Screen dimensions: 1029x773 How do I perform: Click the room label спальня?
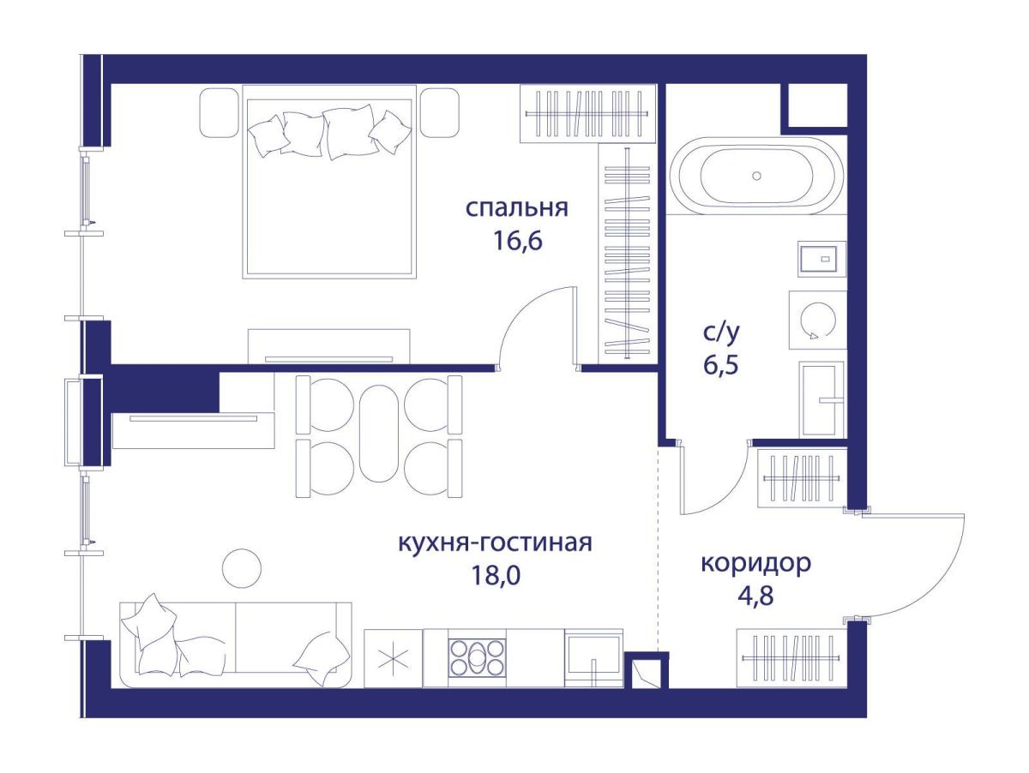(x=516, y=208)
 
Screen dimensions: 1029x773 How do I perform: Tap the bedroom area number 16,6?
(x=517, y=242)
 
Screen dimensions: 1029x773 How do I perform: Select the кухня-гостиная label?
(x=495, y=542)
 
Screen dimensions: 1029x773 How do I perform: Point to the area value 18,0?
(x=496, y=576)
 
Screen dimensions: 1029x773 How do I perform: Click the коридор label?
(x=755, y=563)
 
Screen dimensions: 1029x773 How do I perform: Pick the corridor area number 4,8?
(x=756, y=596)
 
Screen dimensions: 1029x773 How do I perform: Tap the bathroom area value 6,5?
(x=720, y=364)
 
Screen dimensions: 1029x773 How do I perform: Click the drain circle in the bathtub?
(x=756, y=177)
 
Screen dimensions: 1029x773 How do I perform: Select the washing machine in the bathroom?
(x=817, y=320)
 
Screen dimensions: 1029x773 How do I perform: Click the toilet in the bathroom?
(x=821, y=399)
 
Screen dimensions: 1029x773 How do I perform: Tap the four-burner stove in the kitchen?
(x=478, y=658)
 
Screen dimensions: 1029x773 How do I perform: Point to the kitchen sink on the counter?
(x=593, y=658)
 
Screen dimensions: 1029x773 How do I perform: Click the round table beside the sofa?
(x=242, y=568)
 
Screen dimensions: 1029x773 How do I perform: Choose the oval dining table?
(x=379, y=434)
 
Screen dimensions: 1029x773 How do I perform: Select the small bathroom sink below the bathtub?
(x=821, y=259)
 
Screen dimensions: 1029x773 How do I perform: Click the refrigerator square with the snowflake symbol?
(x=394, y=658)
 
